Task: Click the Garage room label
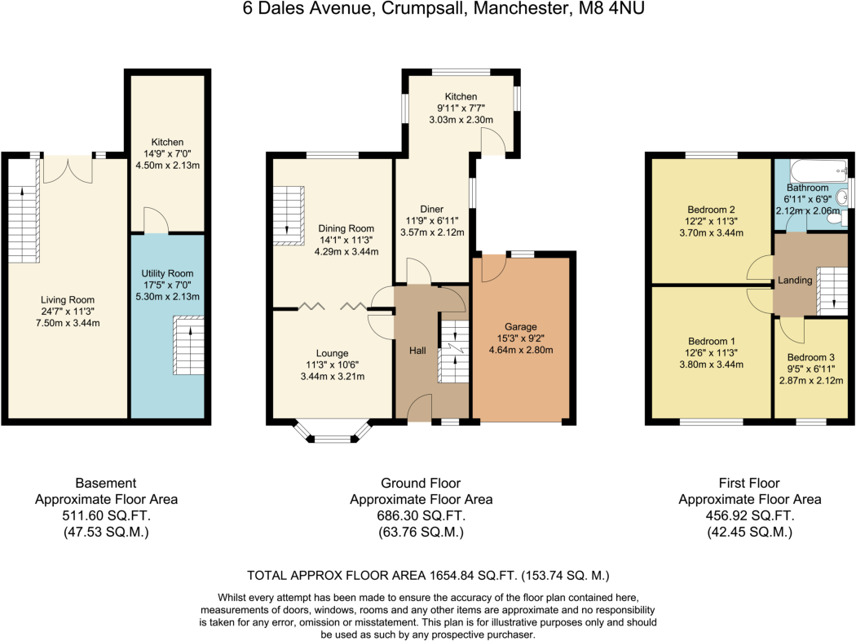[x=520, y=326]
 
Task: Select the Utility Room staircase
[x=188, y=346]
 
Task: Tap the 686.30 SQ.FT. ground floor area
[x=421, y=516]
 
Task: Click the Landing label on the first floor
[x=795, y=280]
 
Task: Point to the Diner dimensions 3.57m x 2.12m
[x=432, y=232]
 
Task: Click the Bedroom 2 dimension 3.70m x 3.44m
[x=711, y=232]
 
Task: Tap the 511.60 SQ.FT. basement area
[x=106, y=516]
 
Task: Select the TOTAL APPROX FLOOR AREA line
[x=428, y=575]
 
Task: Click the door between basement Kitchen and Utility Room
[x=155, y=222]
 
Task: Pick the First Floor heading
[x=749, y=483]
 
